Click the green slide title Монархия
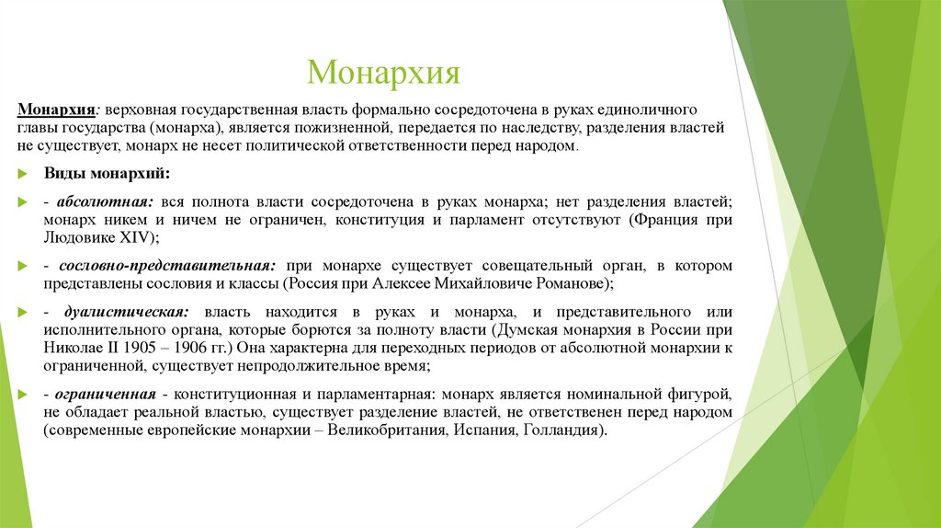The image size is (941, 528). pos(383,71)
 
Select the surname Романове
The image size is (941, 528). pos(568,283)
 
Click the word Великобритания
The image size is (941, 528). pos(388,430)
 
